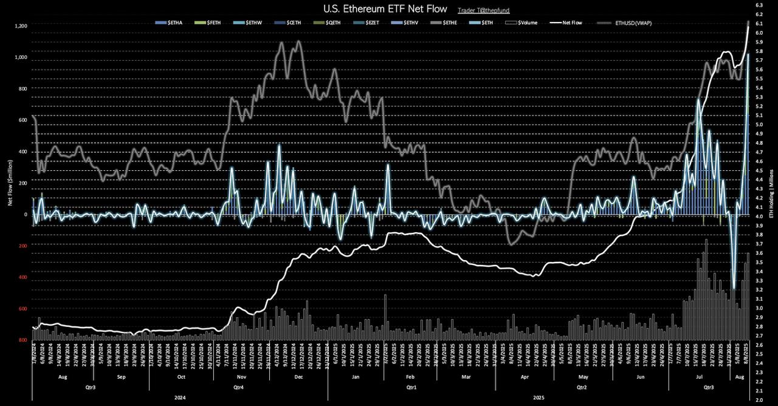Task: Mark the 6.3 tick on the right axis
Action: pos(759,5)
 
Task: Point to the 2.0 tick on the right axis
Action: pos(759,401)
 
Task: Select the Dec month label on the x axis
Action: pos(298,377)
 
